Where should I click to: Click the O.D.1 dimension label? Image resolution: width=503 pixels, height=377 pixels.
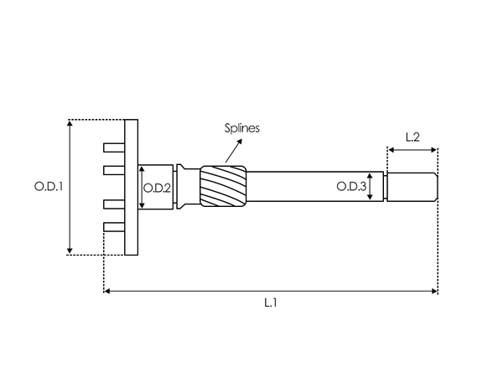[x=49, y=186]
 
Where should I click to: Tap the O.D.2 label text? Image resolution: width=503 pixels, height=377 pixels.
[x=158, y=188]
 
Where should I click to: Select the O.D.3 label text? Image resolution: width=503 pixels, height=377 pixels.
[x=350, y=186]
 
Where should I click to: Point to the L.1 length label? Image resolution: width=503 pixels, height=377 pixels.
[x=270, y=302]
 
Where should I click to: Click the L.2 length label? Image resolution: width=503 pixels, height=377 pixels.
[x=412, y=136]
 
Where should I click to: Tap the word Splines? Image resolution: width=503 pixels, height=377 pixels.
[x=242, y=128]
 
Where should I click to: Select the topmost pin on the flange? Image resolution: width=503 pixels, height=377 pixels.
[x=113, y=147]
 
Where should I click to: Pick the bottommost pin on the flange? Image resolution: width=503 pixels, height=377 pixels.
[x=113, y=226]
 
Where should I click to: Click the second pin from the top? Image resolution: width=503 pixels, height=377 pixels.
[x=113, y=170]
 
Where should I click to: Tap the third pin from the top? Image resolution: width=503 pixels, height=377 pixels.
[x=113, y=204]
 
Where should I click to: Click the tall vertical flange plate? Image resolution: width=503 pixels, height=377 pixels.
[x=131, y=186]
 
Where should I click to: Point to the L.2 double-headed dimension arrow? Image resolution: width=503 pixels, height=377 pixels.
[x=412, y=151]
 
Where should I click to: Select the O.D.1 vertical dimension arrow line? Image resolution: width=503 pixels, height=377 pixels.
[x=70, y=186]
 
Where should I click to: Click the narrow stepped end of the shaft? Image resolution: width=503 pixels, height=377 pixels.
[x=411, y=186]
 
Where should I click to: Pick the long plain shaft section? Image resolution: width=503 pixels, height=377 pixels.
[x=310, y=186]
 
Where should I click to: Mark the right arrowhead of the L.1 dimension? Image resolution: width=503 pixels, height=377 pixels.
[x=434, y=292]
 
